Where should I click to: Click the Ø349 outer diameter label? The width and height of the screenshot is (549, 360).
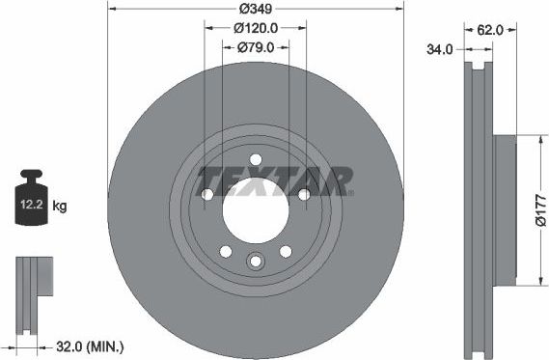click(255, 10)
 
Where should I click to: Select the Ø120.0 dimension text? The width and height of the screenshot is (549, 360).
click(256, 28)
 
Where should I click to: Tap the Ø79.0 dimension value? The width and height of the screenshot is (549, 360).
click(256, 46)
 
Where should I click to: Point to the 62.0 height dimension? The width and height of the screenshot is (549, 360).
click(489, 30)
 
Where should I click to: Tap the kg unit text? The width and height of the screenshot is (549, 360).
click(60, 207)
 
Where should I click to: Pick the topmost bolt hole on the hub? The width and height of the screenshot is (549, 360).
click(256, 160)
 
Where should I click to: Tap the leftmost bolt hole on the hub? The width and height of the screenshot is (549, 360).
click(207, 195)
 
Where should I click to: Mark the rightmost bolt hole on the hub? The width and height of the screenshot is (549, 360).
click(304, 195)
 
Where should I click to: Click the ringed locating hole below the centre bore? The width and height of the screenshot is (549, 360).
click(256, 262)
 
